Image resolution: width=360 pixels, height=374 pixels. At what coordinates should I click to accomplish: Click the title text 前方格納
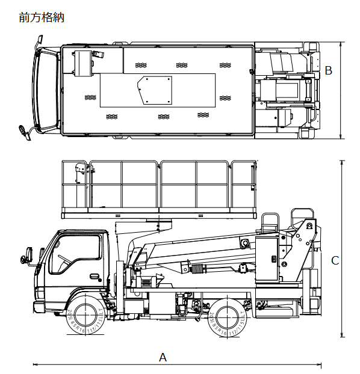coord(42,17)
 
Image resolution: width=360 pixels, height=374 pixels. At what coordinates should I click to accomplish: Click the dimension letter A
coord(163,357)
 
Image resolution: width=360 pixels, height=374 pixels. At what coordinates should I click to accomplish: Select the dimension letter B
coord(328,70)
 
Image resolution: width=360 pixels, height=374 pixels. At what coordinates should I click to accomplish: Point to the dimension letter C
coord(335,260)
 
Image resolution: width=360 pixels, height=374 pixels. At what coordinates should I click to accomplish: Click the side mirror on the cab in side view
coord(26,254)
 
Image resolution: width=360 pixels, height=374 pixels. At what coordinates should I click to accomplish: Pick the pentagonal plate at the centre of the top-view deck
coord(155,90)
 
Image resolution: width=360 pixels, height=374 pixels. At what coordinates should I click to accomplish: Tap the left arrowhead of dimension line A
coord(36,364)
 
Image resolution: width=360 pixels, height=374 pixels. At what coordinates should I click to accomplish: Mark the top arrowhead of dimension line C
coord(342,162)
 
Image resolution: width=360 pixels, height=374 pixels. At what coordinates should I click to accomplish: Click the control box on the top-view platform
coord(84,62)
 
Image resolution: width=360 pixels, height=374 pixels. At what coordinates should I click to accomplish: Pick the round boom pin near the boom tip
coord(245,242)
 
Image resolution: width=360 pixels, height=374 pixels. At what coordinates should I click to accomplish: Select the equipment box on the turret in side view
coord(267,259)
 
